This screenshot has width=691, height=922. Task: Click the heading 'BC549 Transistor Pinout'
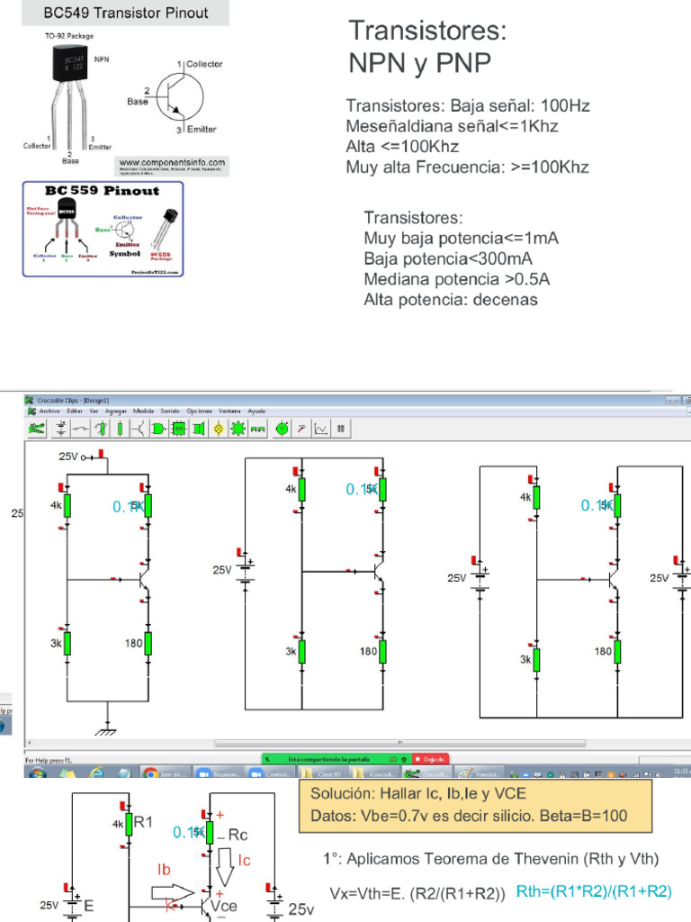(x=126, y=13)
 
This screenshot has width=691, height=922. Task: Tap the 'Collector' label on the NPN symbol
(x=204, y=64)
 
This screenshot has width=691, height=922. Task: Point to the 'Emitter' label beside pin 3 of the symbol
(x=202, y=130)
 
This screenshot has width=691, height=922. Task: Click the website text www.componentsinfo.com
(x=172, y=162)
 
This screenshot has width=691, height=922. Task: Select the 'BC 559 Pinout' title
(x=103, y=191)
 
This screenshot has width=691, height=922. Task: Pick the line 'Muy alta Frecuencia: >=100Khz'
(x=468, y=167)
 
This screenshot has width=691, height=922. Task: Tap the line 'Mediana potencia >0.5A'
(x=456, y=278)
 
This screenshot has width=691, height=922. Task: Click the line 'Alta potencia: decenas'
(x=450, y=299)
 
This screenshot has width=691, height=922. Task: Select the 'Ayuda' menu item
(x=256, y=411)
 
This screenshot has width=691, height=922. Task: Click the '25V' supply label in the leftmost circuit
(x=68, y=457)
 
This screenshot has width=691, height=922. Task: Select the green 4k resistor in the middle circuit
(x=301, y=489)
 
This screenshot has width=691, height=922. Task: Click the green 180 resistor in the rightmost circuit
(x=618, y=651)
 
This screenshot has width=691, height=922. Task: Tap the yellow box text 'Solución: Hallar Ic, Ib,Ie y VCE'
(x=418, y=794)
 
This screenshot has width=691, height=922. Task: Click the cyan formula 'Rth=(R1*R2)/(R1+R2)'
(x=594, y=890)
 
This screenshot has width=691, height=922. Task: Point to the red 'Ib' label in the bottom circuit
(x=164, y=870)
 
